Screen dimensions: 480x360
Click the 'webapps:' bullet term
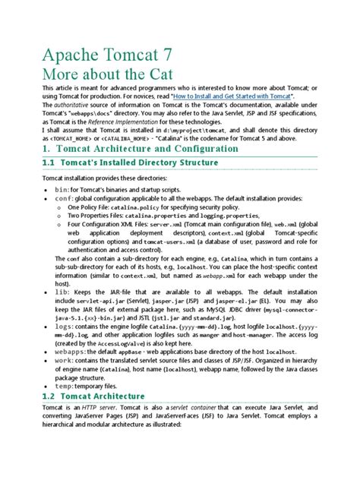(x=70, y=353)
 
